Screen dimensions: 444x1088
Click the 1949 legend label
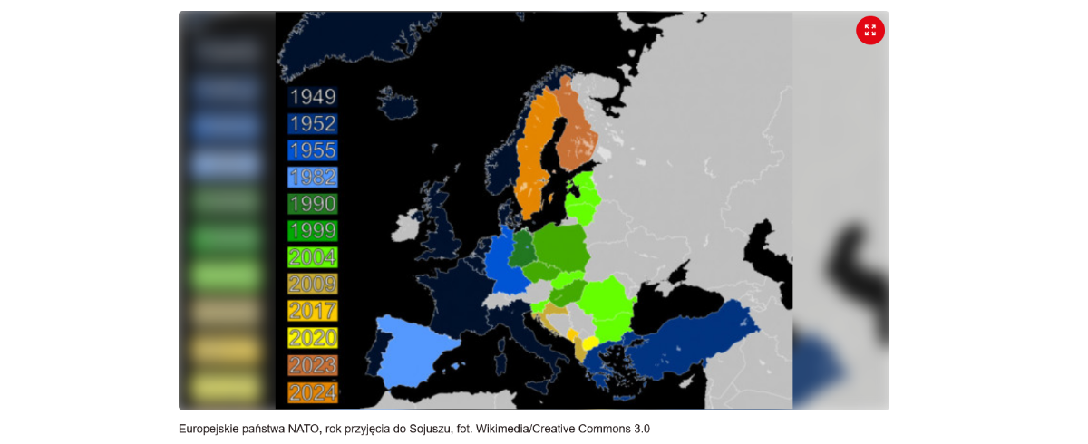pos(312,97)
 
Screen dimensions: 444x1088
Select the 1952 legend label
pos(312,124)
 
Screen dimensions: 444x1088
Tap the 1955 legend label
pos(312,150)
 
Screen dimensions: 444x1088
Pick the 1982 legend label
pos(312,178)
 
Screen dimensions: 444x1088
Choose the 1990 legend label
pos(312,204)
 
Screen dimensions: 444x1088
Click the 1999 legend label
pos(312,231)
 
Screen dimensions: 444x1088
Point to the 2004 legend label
pos(312,257)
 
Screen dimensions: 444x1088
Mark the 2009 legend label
pos(312,285)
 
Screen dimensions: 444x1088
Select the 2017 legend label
pos(312,311)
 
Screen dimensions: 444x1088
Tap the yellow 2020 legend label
pos(312,338)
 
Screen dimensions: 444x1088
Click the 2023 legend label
pos(312,365)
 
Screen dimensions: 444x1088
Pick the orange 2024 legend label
pos(312,392)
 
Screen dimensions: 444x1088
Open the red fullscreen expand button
pos(869,30)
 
